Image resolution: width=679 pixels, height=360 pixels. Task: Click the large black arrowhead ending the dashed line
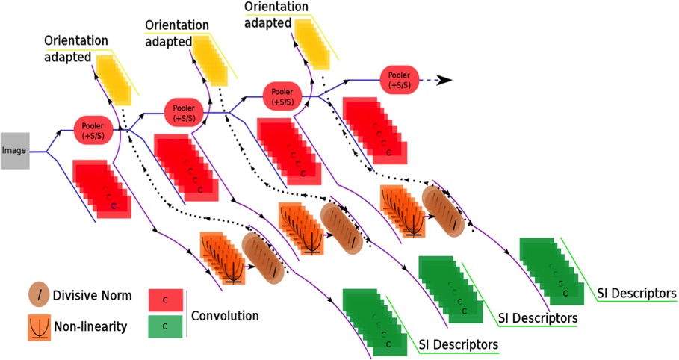(x=444, y=80)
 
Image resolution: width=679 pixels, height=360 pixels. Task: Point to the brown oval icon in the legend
(x=39, y=294)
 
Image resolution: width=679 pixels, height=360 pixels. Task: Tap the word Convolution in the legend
(x=225, y=316)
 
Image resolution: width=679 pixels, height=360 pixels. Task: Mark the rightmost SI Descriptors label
(x=636, y=293)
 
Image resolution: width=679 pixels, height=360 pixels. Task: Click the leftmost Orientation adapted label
(x=75, y=47)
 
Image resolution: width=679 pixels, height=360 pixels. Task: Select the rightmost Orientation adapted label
(x=276, y=15)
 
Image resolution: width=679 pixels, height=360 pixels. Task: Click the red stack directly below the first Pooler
(x=101, y=188)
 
